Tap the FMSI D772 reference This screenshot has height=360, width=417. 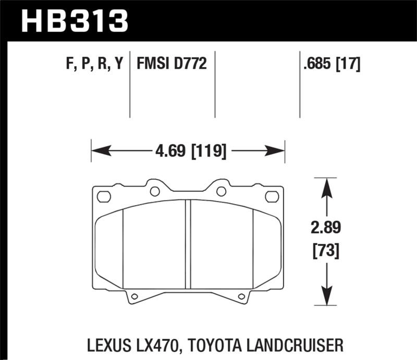point(172,64)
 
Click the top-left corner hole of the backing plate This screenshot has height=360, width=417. point(104,196)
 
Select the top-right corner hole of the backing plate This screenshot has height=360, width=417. point(272,196)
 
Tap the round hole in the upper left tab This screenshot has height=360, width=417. point(154,191)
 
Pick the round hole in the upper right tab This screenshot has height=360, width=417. point(221,191)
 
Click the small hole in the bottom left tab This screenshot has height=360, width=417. point(134,296)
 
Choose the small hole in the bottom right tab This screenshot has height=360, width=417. point(241,296)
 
